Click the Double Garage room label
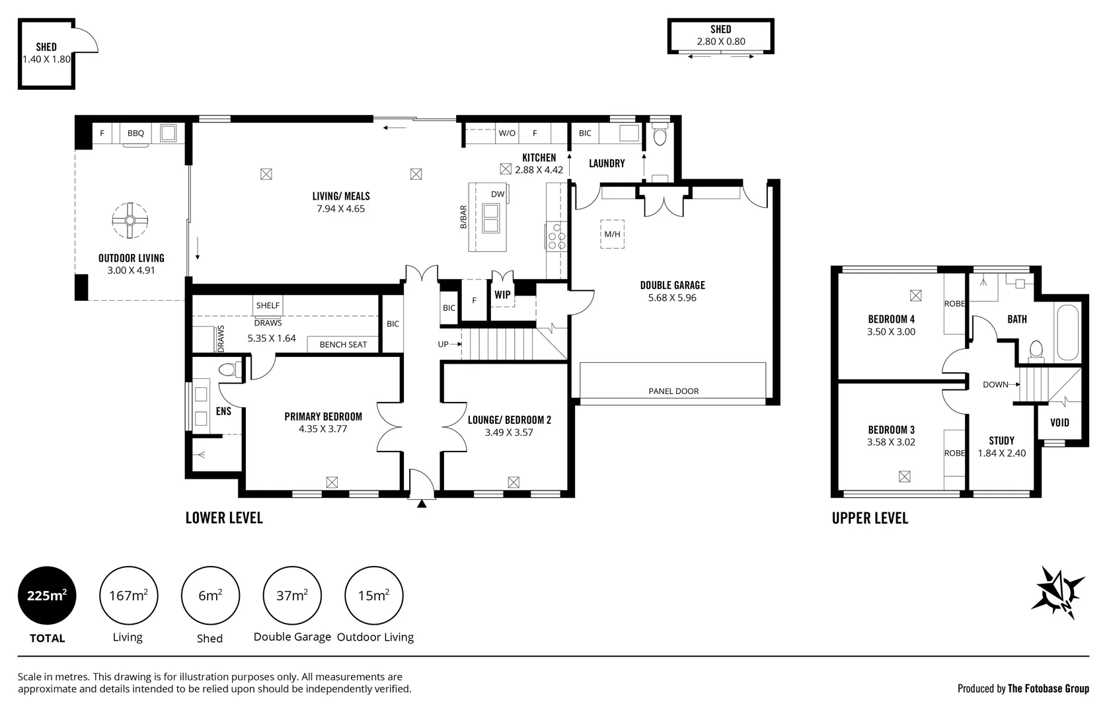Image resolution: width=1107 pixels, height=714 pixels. (x=672, y=286)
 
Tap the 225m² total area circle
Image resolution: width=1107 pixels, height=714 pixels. (x=47, y=595)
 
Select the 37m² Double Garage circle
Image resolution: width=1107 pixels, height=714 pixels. (x=292, y=595)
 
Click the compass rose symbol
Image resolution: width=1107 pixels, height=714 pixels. (x=1058, y=592)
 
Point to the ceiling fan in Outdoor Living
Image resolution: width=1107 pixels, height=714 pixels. (x=130, y=221)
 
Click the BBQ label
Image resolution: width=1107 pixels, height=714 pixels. (x=135, y=133)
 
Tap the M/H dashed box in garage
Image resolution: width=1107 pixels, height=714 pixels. (x=612, y=234)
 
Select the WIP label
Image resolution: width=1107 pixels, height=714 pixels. (x=502, y=295)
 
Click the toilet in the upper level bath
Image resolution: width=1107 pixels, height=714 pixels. (x=1036, y=350)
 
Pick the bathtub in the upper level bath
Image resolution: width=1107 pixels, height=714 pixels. (x=1067, y=333)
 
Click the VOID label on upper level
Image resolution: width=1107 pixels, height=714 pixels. (x=1059, y=422)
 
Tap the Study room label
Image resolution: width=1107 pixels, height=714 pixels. (x=1001, y=440)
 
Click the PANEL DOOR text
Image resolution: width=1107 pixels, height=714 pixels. (x=673, y=391)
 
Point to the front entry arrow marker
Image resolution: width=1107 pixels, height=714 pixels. (x=422, y=504)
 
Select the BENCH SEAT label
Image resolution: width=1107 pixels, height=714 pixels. (x=343, y=344)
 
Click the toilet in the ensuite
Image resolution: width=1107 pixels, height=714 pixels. (x=230, y=370)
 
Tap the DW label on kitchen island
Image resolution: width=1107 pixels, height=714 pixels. (x=498, y=194)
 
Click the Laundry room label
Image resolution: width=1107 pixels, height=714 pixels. (x=607, y=164)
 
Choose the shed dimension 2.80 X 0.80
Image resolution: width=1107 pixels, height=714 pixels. (x=721, y=42)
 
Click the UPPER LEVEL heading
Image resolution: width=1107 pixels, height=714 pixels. (x=870, y=518)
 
